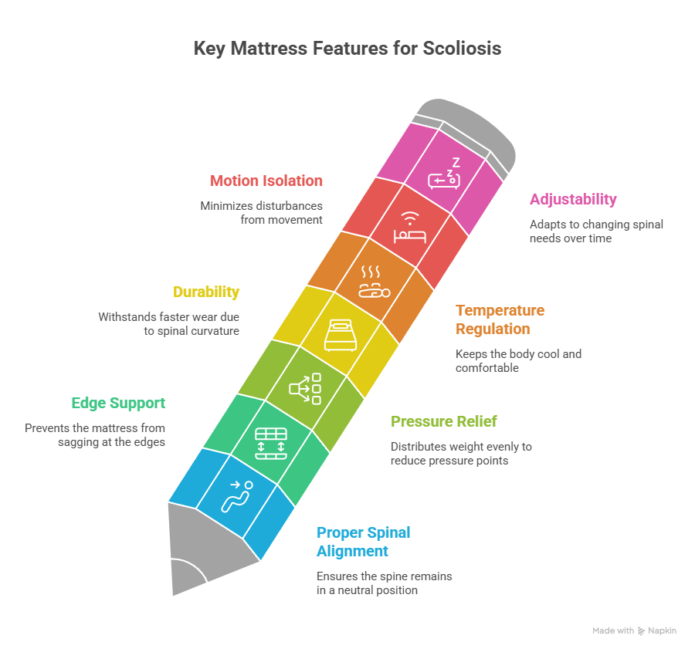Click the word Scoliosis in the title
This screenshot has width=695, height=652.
coord(462,49)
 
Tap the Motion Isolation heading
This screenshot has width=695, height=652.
coord(266,181)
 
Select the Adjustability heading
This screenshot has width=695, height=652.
coord(573,199)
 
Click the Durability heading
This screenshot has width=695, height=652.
coord(205,292)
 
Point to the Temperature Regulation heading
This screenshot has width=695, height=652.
coord(500,319)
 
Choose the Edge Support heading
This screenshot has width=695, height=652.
coord(118,403)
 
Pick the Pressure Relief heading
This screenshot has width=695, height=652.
coord(443,421)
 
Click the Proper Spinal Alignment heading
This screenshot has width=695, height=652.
coord(363,542)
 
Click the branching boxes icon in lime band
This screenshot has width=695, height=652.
coord(304,389)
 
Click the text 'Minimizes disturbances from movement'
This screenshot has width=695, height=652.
coord(261,212)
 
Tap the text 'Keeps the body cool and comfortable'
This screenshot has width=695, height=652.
coord(518,361)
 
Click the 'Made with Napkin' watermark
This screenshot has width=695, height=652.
coord(634,630)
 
